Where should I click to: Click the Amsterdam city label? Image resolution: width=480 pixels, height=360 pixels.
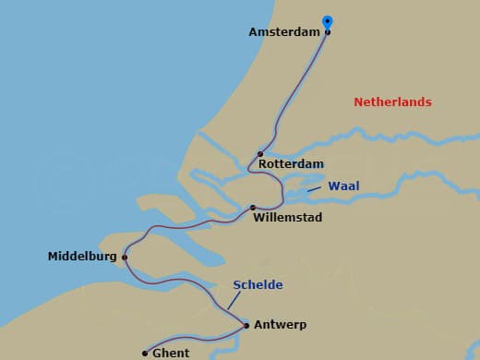[283, 32]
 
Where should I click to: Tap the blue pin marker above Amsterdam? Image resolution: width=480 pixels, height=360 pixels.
[327, 22]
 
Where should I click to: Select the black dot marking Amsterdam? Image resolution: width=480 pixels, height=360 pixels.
[328, 32]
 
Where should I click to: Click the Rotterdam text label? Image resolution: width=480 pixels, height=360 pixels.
[291, 164]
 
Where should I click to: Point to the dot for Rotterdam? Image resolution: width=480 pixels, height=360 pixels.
[260, 154]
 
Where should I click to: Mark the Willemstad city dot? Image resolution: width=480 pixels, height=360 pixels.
[253, 208]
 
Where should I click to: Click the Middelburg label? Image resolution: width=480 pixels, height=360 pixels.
[82, 257]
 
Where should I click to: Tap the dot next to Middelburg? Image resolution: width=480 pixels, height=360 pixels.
[124, 258]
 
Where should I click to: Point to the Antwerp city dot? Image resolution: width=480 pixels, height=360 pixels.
[246, 325]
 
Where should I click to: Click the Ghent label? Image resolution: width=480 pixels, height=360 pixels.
[171, 353]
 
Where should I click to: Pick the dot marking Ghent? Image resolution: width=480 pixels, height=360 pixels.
[145, 353]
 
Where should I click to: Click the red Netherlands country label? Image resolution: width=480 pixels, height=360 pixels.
[392, 102]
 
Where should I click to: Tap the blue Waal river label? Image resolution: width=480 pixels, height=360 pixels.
[343, 186]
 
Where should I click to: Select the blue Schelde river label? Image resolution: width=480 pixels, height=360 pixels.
[258, 284]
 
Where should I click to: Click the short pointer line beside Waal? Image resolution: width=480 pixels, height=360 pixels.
[316, 189]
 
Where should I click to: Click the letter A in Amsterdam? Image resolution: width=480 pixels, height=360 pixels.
[254, 32]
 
